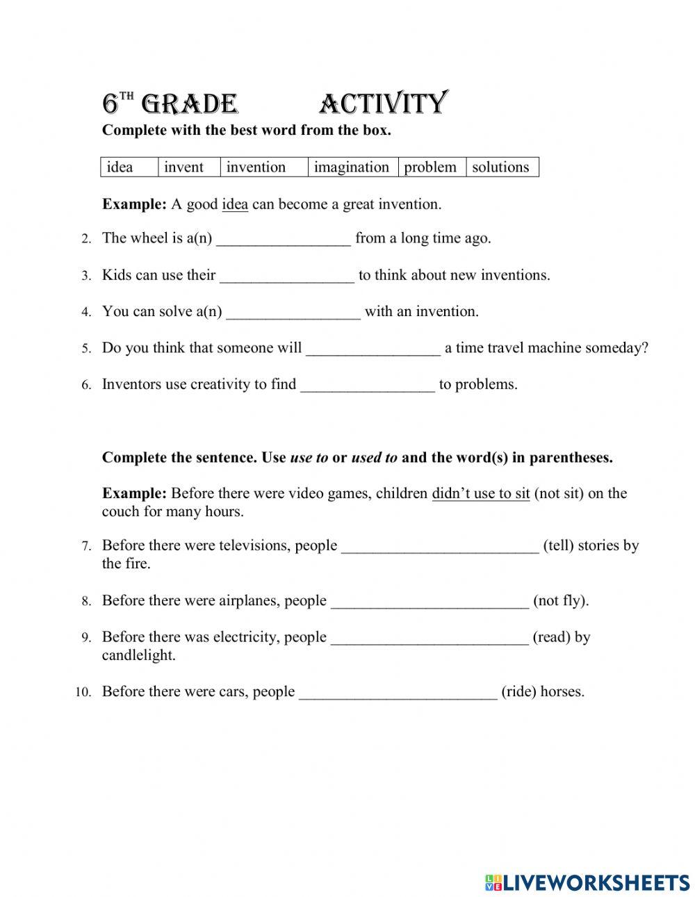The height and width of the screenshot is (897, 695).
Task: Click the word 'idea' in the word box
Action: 120,167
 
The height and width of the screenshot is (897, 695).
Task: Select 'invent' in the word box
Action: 183,167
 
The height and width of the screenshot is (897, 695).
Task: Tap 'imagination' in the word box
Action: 351,167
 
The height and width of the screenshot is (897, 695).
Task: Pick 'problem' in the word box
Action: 430,167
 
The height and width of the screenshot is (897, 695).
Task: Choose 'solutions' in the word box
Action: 500,167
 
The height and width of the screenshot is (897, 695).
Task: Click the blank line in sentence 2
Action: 284,240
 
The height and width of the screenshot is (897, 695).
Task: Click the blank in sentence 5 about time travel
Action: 373,349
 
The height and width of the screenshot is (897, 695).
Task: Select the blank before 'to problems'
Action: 367,386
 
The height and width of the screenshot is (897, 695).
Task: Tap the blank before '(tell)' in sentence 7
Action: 440,548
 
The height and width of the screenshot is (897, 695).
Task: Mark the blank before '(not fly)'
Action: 430,602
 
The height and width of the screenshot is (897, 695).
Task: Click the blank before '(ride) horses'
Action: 398,693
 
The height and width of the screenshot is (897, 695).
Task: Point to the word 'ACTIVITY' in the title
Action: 384,104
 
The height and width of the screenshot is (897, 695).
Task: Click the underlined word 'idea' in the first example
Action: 235,204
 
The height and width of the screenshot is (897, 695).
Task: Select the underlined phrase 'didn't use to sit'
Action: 481,494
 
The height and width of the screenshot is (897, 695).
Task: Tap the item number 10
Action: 83,692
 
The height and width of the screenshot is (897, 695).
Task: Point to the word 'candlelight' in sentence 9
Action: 138,655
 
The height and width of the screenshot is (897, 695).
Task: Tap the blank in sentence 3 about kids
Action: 287,277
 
